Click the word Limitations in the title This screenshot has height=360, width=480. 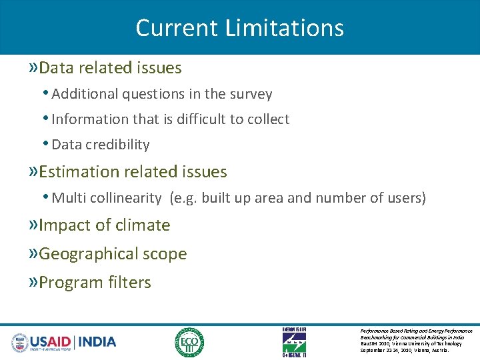point(285,28)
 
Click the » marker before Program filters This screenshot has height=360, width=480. point(33,283)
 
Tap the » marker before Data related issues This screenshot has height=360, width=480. point(33,68)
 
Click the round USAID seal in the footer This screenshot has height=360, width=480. point(21,343)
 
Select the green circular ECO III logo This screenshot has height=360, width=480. point(189,342)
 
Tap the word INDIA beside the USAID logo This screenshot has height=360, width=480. point(97,342)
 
